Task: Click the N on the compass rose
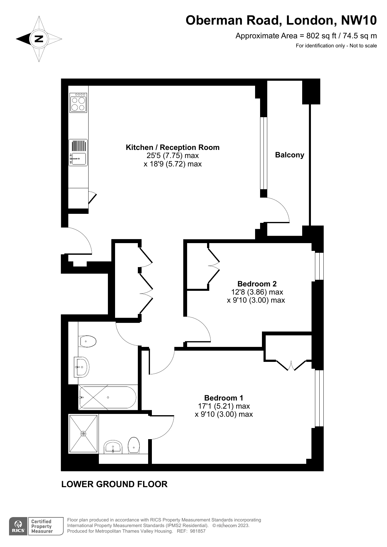39,39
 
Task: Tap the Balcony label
289,155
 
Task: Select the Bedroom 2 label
257,284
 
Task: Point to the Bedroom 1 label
224,398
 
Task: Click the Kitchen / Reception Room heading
172,147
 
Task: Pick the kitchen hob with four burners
78,103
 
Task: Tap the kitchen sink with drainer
78,152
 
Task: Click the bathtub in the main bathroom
108,397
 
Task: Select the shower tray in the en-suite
83,434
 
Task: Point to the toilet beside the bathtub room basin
88,341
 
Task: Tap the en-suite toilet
134,445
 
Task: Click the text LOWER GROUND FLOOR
114,484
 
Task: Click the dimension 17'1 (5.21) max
224,406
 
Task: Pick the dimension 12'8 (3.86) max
257,292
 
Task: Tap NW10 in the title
359,20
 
